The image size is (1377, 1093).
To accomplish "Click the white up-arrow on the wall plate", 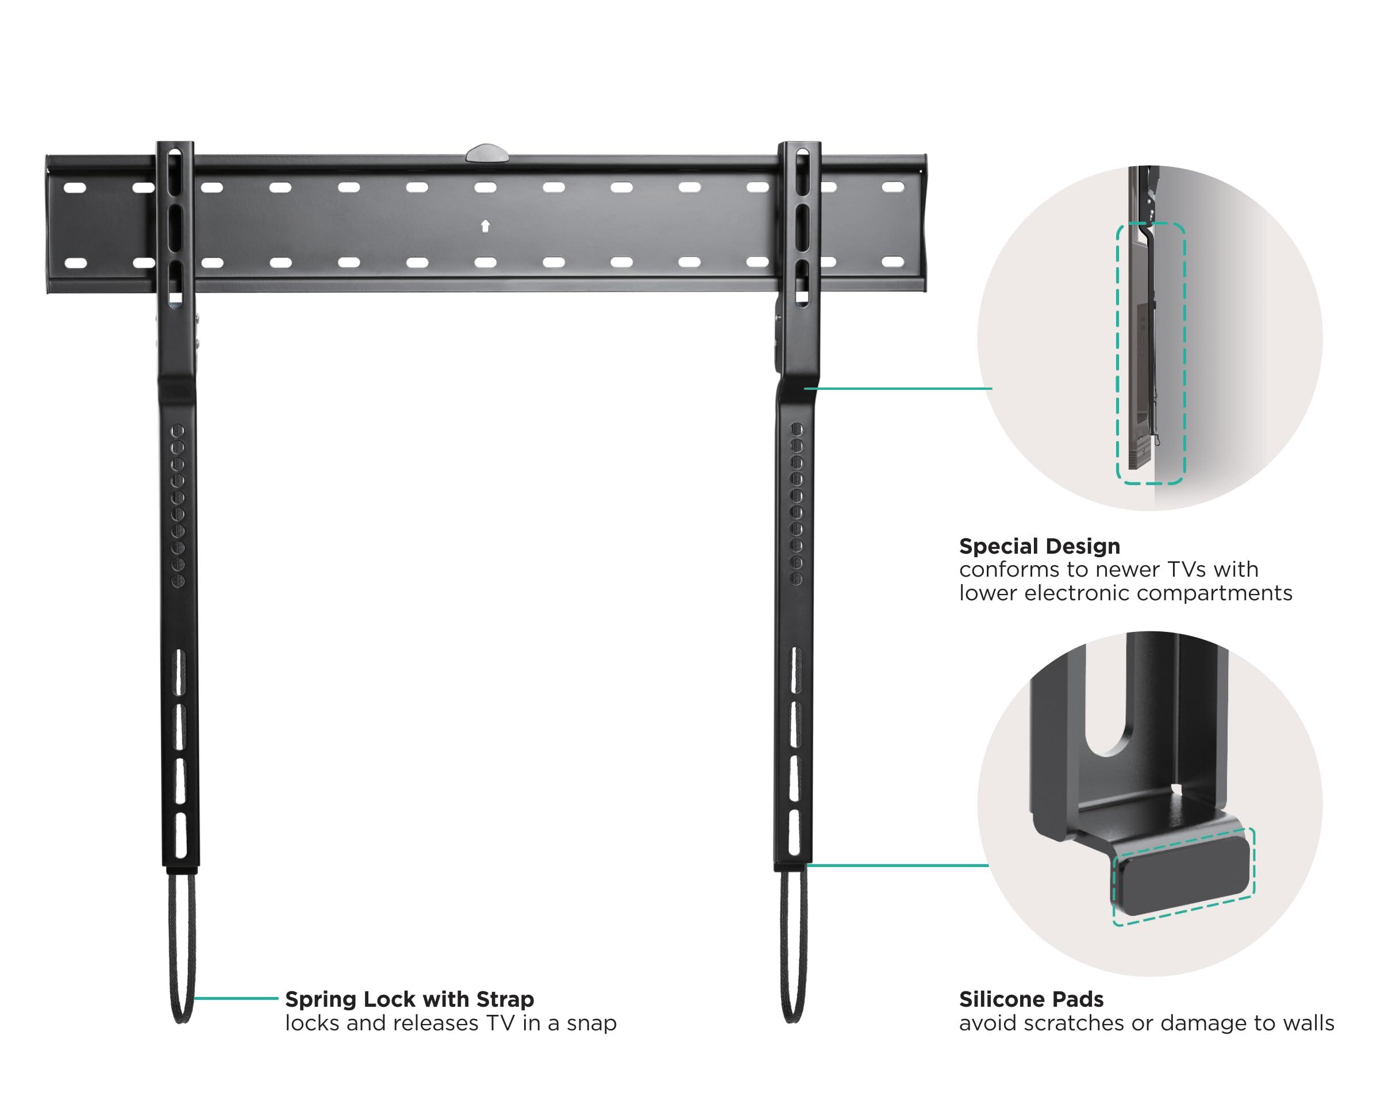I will pos(486,226).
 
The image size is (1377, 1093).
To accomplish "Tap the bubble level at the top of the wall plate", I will pos(487,154).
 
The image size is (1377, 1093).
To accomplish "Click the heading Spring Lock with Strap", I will pos(409,999).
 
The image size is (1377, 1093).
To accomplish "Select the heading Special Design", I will pos(1039,546).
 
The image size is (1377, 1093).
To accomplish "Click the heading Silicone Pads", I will pos(1031,999).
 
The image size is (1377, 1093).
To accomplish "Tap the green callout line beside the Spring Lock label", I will pos(236,998).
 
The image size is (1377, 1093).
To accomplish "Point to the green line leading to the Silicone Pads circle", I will pos(897,865).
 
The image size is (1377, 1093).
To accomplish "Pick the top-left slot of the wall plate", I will pos(75,188).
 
